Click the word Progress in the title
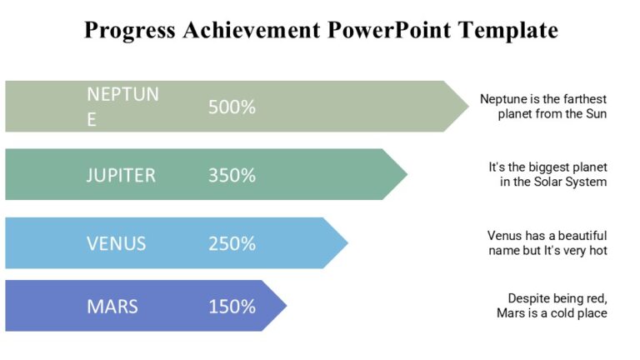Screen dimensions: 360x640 (130, 32)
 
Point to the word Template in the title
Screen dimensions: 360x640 (511, 32)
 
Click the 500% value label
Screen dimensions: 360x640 (232, 107)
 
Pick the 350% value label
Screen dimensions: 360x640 (232, 176)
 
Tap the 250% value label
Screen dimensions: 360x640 (232, 244)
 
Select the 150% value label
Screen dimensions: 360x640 (232, 307)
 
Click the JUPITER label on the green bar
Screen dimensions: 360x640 (121, 176)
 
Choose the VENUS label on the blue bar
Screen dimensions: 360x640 (117, 244)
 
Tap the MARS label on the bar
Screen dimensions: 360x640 (112, 307)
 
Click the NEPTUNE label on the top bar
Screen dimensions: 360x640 (122, 107)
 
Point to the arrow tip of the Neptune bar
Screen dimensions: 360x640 (465, 107)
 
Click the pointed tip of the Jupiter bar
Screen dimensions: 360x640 (404, 175)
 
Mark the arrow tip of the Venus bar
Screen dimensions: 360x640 (344, 243)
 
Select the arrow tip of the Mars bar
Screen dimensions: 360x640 (283, 306)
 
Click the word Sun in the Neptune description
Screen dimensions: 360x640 (596, 114)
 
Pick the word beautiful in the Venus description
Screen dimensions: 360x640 (580, 236)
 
